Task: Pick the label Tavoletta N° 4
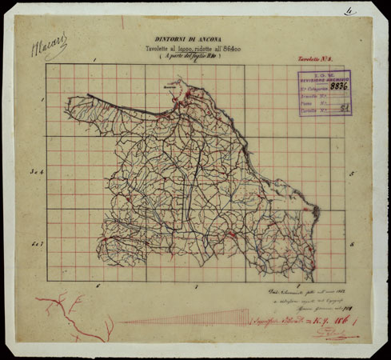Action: (x=313, y=60)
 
